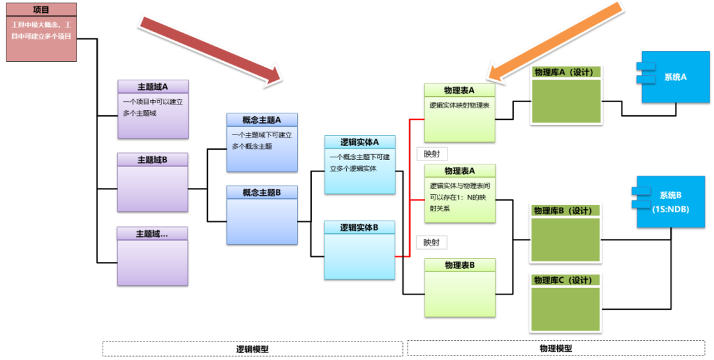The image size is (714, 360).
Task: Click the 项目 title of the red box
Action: (x=41, y=10)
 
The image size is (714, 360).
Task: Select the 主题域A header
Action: (x=153, y=87)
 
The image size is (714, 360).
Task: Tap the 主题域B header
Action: (x=152, y=160)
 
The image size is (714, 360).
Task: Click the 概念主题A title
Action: (x=261, y=120)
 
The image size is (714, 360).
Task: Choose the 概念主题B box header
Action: (x=261, y=192)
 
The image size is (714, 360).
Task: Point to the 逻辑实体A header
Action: (x=360, y=142)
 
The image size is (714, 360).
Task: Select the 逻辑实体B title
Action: (x=360, y=227)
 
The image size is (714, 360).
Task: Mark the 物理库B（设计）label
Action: (x=564, y=211)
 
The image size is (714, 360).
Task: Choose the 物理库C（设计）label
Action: (x=564, y=280)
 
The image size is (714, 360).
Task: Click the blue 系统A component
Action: (x=676, y=77)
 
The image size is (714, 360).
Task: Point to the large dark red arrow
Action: (x=211, y=50)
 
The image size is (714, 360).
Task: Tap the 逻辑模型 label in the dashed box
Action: (x=252, y=349)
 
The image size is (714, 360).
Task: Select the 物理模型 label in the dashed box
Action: (x=556, y=349)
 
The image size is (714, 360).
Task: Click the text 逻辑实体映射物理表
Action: (x=460, y=104)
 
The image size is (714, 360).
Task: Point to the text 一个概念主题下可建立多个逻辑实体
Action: (x=360, y=162)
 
